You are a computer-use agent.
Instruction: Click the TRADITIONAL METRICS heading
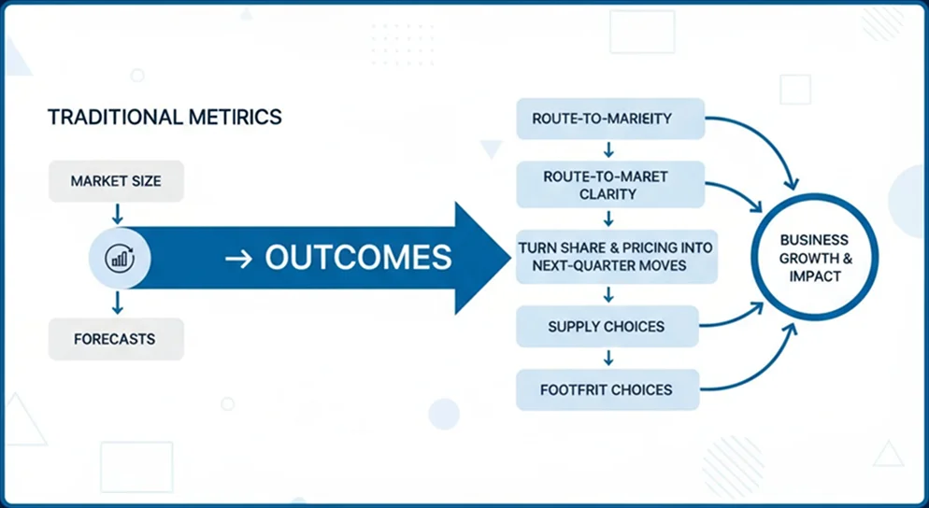point(164,118)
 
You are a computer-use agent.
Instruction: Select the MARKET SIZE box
point(116,181)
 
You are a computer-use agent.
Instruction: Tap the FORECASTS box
point(116,339)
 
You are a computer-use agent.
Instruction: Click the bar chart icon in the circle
point(120,259)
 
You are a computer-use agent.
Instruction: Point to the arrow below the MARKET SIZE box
point(117,215)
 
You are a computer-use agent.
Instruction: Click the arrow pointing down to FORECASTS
point(117,303)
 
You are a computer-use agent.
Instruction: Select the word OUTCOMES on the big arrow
point(358,258)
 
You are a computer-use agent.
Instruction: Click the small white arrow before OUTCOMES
point(239,259)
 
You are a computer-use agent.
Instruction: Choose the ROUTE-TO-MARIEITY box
point(607,119)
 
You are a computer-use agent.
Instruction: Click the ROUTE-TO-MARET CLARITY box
point(607,185)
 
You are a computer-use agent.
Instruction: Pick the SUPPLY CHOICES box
point(607,327)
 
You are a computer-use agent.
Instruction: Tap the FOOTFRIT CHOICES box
point(607,389)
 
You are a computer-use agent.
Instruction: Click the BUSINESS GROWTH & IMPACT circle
point(815,257)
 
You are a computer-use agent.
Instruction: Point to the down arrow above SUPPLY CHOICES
point(608,294)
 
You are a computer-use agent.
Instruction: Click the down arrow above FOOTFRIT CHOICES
point(608,358)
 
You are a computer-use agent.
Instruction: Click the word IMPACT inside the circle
point(815,276)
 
